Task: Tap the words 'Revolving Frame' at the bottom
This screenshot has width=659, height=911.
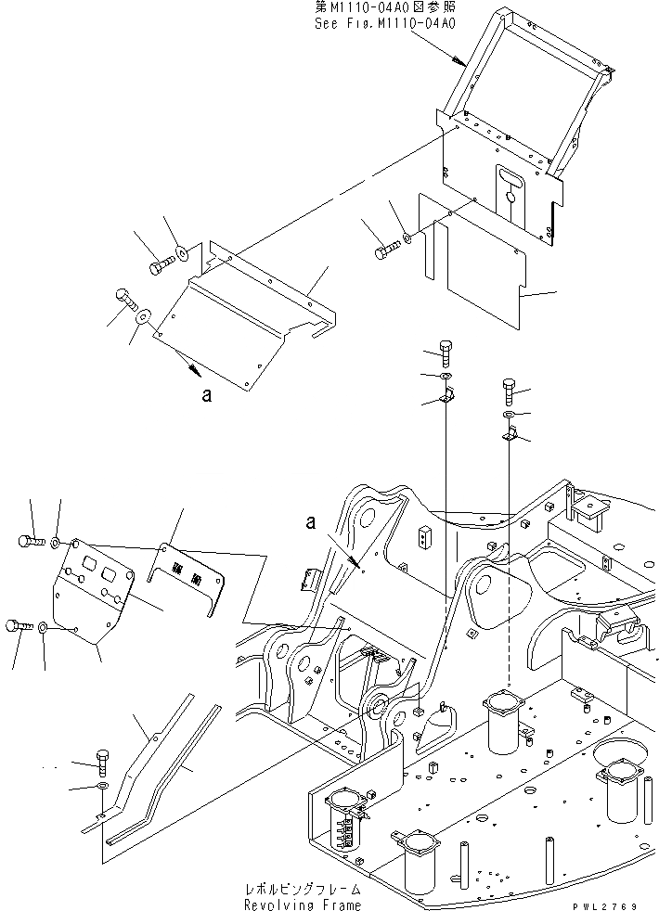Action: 303,905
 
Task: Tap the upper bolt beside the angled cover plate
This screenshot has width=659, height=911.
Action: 159,267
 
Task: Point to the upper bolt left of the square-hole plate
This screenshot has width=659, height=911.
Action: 30,540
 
